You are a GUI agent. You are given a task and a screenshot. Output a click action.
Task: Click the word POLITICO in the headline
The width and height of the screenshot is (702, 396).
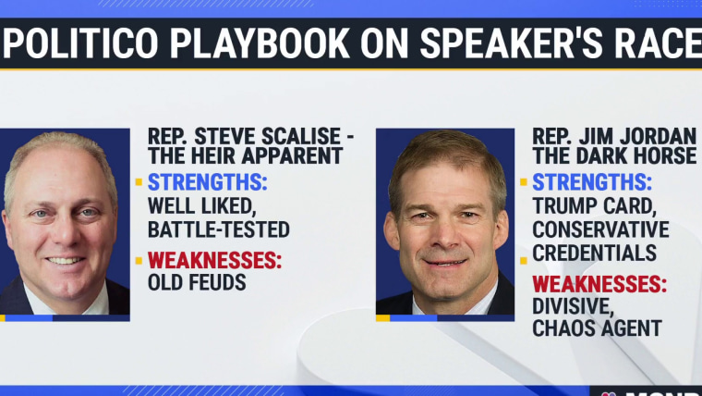coord(80,43)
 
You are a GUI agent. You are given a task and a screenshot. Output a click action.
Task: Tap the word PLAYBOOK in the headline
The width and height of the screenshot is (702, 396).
coord(260,43)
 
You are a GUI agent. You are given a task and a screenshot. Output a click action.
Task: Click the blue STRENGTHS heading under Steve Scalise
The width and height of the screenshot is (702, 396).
coord(207,182)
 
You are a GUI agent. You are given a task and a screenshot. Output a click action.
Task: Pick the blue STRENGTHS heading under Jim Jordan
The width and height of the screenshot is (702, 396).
coord(592,182)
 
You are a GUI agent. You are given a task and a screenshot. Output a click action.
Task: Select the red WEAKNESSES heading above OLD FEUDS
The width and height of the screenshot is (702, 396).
coord(214,261)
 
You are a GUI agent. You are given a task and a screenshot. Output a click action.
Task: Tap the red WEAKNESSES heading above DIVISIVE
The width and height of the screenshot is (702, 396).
coord(599,284)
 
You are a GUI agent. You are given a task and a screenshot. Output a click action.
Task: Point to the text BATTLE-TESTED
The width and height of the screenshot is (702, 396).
coord(219,229)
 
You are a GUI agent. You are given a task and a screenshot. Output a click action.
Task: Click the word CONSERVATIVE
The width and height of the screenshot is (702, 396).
coord(600,229)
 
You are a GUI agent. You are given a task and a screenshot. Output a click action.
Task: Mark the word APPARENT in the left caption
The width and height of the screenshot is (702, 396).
coord(293,156)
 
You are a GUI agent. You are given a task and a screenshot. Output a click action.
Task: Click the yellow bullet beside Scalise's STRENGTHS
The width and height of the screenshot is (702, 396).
coord(139,182)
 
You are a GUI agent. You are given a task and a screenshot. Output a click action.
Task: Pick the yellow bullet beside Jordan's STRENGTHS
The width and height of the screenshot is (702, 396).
coord(524,182)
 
